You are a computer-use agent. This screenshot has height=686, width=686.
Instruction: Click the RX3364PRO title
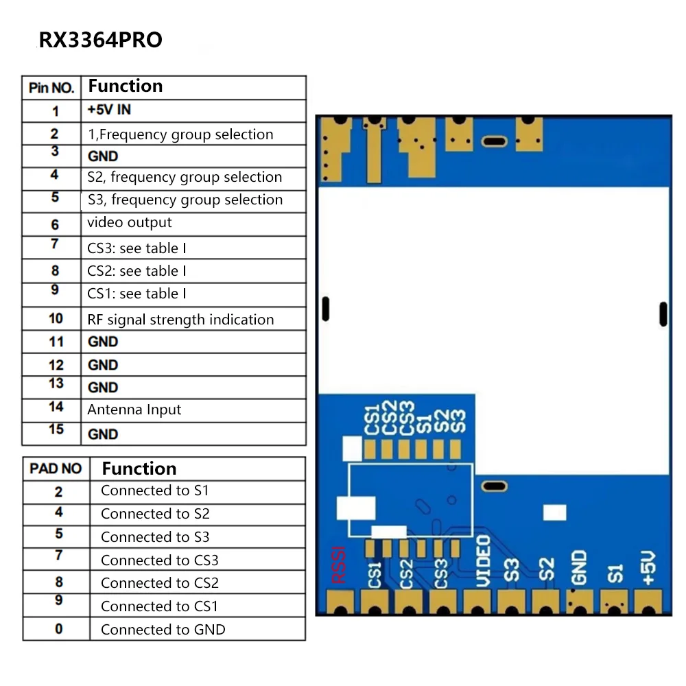point(100,40)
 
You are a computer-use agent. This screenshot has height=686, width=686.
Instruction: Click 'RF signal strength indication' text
point(180,320)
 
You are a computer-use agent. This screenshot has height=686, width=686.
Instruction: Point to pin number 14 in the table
point(56,407)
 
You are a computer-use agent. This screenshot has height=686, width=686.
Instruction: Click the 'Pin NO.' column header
point(51,88)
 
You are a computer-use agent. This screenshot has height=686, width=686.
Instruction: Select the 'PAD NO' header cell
point(56,469)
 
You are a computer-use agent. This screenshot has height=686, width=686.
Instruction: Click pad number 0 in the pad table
point(58,629)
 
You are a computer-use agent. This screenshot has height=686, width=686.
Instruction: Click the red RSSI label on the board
point(338,565)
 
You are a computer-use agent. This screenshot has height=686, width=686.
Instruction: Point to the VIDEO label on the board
point(483,561)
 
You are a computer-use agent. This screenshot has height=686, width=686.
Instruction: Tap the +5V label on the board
point(650,567)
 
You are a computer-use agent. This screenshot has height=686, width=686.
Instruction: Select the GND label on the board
point(579,567)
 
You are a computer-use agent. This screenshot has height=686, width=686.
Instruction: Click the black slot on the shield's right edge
point(663,314)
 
